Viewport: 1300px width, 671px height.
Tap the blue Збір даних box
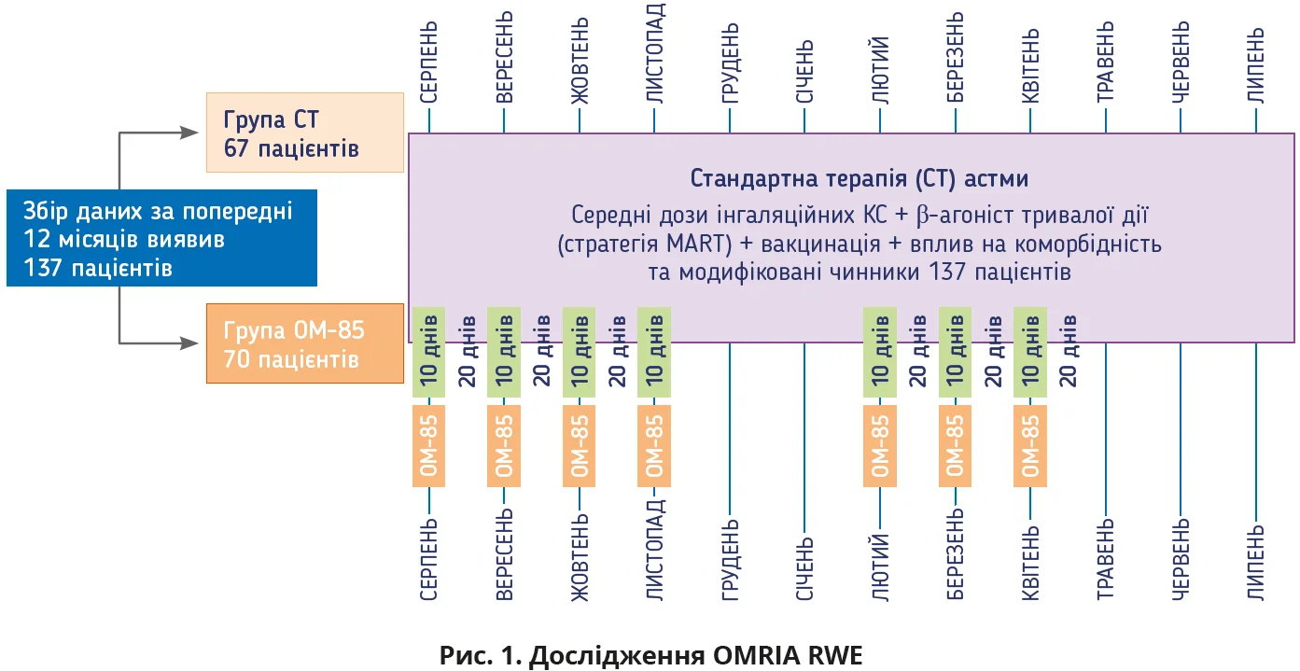tap(161, 238)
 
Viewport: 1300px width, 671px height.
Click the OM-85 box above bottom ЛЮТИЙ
tap(880, 445)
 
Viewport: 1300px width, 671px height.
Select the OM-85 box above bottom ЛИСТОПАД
tap(654, 445)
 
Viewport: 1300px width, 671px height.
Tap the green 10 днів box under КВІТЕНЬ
tap(1030, 350)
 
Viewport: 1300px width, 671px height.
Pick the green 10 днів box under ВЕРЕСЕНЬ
tap(504, 350)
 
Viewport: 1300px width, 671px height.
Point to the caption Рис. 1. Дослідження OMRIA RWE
tap(650, 654)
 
